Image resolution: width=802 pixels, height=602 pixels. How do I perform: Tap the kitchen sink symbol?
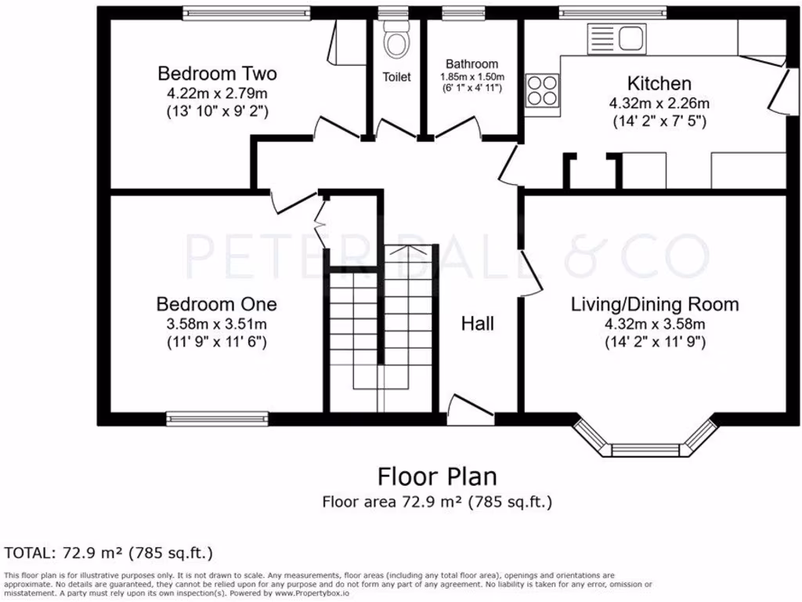[616, 38]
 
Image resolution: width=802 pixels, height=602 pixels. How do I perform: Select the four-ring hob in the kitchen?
[542, 90]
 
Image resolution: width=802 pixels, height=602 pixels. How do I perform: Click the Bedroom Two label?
[218, 74]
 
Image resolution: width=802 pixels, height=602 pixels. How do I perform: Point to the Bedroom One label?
[217, 304]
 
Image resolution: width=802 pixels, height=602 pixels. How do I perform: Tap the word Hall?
[478, 324]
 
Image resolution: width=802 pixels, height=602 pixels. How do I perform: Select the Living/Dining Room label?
[656, 305]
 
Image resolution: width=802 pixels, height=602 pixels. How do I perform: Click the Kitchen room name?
[659, 83]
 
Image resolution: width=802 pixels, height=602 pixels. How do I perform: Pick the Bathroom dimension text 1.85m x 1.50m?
[472, 77]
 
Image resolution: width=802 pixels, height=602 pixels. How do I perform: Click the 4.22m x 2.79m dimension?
[218, 94]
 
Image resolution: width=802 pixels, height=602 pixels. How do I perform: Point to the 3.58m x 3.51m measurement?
[217, 324]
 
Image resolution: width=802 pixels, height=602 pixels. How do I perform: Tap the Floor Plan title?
[437, 477]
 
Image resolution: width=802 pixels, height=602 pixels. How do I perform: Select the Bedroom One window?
[218, 419]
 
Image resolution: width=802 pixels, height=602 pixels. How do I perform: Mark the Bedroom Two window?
[247, 13]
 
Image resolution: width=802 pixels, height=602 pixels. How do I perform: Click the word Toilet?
[397, 77]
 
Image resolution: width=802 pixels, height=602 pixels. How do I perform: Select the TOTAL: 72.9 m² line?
[108, 553]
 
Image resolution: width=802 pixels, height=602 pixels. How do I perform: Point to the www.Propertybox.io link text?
[312, 593]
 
